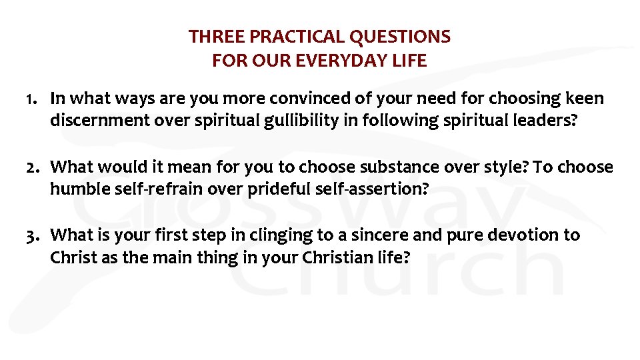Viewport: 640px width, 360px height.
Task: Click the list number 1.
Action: [x=30, y=99]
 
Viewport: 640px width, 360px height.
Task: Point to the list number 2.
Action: [x=31, y=167]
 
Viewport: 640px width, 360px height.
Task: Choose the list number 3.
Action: [x=31, y=235]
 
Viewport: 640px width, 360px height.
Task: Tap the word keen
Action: [x=585, y=99]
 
